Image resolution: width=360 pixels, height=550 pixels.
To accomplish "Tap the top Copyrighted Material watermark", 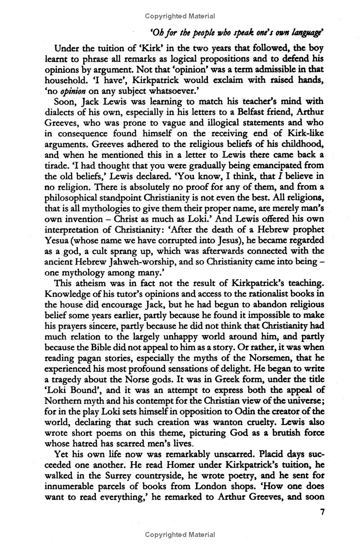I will [x=180, y=16].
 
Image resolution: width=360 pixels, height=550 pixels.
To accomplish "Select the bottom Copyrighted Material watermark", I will [x=180, y=535].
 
